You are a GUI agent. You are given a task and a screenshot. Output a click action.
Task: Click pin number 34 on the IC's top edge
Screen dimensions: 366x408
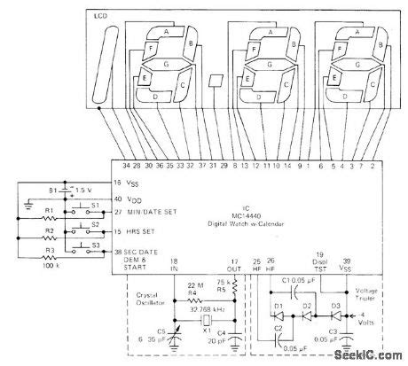(x=125, y=166)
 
